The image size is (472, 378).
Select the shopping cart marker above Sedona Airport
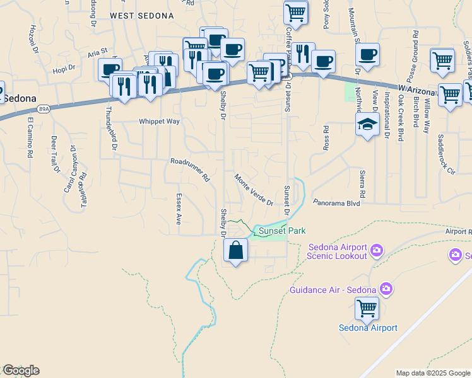(x=367, y=309)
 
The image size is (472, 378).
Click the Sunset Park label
(x=282, y=231)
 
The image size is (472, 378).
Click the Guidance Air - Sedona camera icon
(x=386, y=290)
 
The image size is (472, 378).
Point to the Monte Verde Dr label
(x=254, y=190)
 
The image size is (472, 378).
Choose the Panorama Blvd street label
(x=336, y=203)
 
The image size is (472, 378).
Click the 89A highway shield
(x=42, y=110)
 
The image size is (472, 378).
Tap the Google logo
(x=21, y=370)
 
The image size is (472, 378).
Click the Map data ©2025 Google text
(x=433, y=373)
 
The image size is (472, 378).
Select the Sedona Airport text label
(x=368, y=328)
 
